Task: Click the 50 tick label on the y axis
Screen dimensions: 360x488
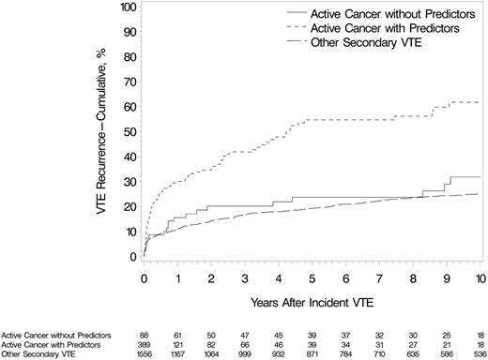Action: (x=130, y=131)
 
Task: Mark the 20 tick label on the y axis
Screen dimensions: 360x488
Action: (x=130, y=206)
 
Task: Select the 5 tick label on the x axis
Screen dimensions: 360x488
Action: (x=312, y=279)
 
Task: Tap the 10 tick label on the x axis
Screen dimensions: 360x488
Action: (x=480, y=279)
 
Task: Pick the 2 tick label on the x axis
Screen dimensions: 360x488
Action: (x=210, y=279)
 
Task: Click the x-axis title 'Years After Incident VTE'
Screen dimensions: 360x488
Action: (x=312, y=304)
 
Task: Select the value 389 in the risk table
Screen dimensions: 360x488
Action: (x=144, y=342)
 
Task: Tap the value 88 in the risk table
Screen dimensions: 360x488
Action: (x=144, y=333)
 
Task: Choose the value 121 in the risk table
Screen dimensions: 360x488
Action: (x=177, y=342)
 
